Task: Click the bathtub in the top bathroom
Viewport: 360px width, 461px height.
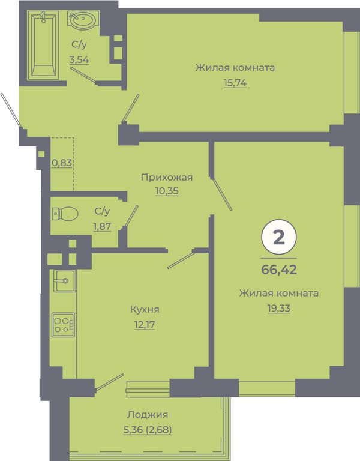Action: [x=43, y=45]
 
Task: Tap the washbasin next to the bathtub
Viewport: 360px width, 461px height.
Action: [x=82, y=20]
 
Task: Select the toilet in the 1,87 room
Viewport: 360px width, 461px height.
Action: [x=65, y=214]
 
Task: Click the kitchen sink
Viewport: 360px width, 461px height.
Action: [x=64, y=280]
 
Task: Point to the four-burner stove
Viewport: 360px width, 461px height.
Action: [x=63, y=325]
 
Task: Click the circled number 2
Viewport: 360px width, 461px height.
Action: [x=279, y=237]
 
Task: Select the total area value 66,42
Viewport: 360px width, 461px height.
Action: [x=279, y=269]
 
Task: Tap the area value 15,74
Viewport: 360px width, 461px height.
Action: [x=235, y=83]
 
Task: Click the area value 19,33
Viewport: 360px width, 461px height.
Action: [x=279, y=309]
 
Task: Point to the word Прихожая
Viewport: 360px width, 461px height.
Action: [x=167, y=178]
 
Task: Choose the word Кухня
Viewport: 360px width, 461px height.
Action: [x=145, y=310]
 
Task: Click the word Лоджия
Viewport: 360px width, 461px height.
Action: [x=148, y=415]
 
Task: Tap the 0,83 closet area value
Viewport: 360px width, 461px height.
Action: [x=62, y=163]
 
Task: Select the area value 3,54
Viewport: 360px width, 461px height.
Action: [x=79, y=59]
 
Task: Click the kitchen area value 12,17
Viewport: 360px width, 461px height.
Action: [x=145, y=325]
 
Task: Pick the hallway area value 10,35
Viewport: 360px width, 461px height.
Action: [x=167, y=191]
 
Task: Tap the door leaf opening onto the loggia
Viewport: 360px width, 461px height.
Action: [x=109, y=382]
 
